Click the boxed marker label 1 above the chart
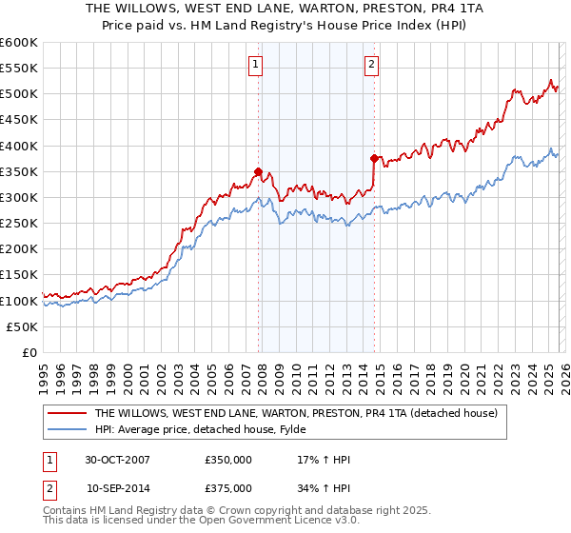(x=257, y=65)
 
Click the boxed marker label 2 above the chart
(x=371, y=65)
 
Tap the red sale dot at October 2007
(x=258, y=172)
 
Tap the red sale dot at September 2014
(x=374, y=159)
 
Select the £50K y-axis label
(x=23, y=326)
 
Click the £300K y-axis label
(x=19, y=197)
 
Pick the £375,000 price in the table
(x=228, y=487)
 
